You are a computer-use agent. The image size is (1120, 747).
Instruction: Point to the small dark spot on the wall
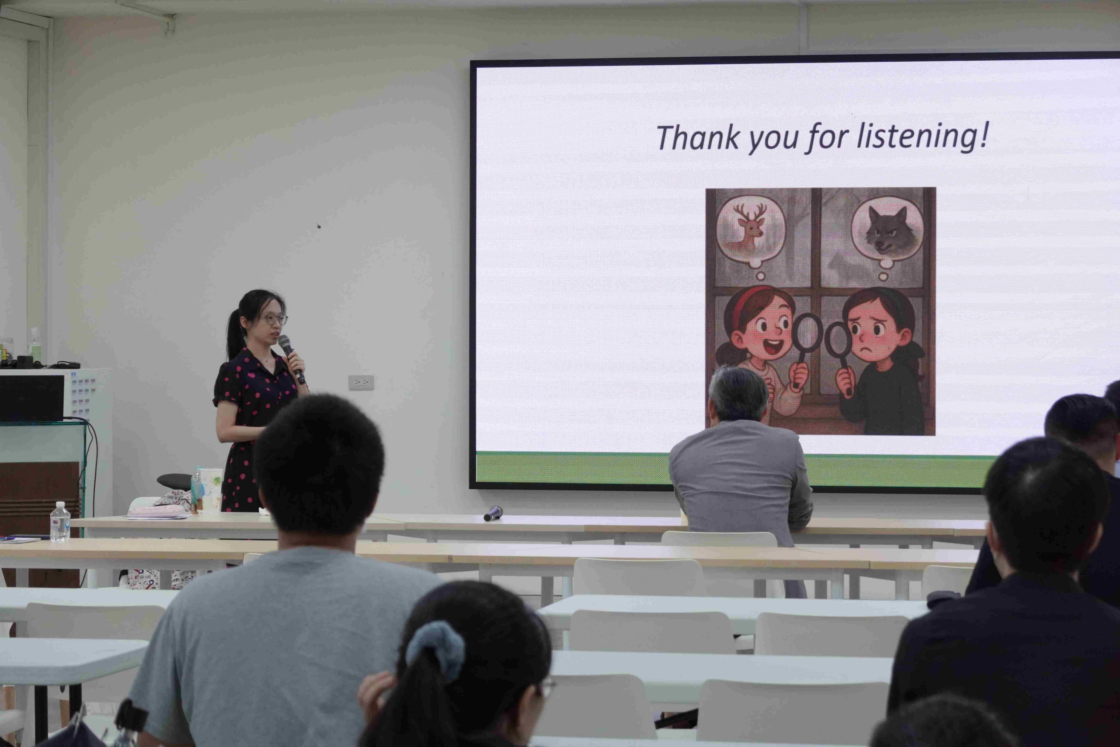pyautogui.click(x=319, y=226)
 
